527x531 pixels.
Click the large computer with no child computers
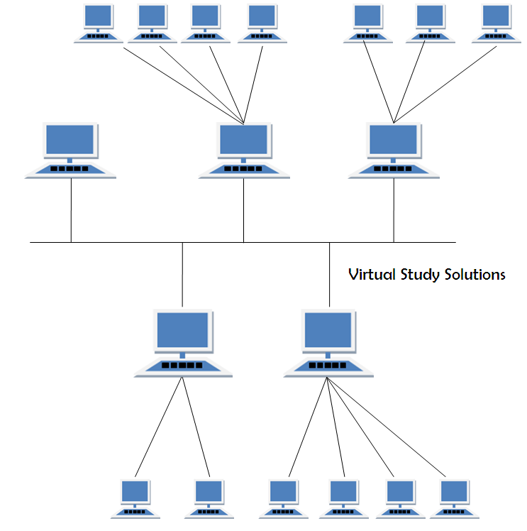point(71,150)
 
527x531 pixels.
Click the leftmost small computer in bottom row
point(135,498)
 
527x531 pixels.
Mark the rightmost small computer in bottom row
point(454,498)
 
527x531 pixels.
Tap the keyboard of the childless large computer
point(71,170)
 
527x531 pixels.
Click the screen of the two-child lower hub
point(183,329)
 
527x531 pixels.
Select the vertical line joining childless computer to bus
point(71,210)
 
